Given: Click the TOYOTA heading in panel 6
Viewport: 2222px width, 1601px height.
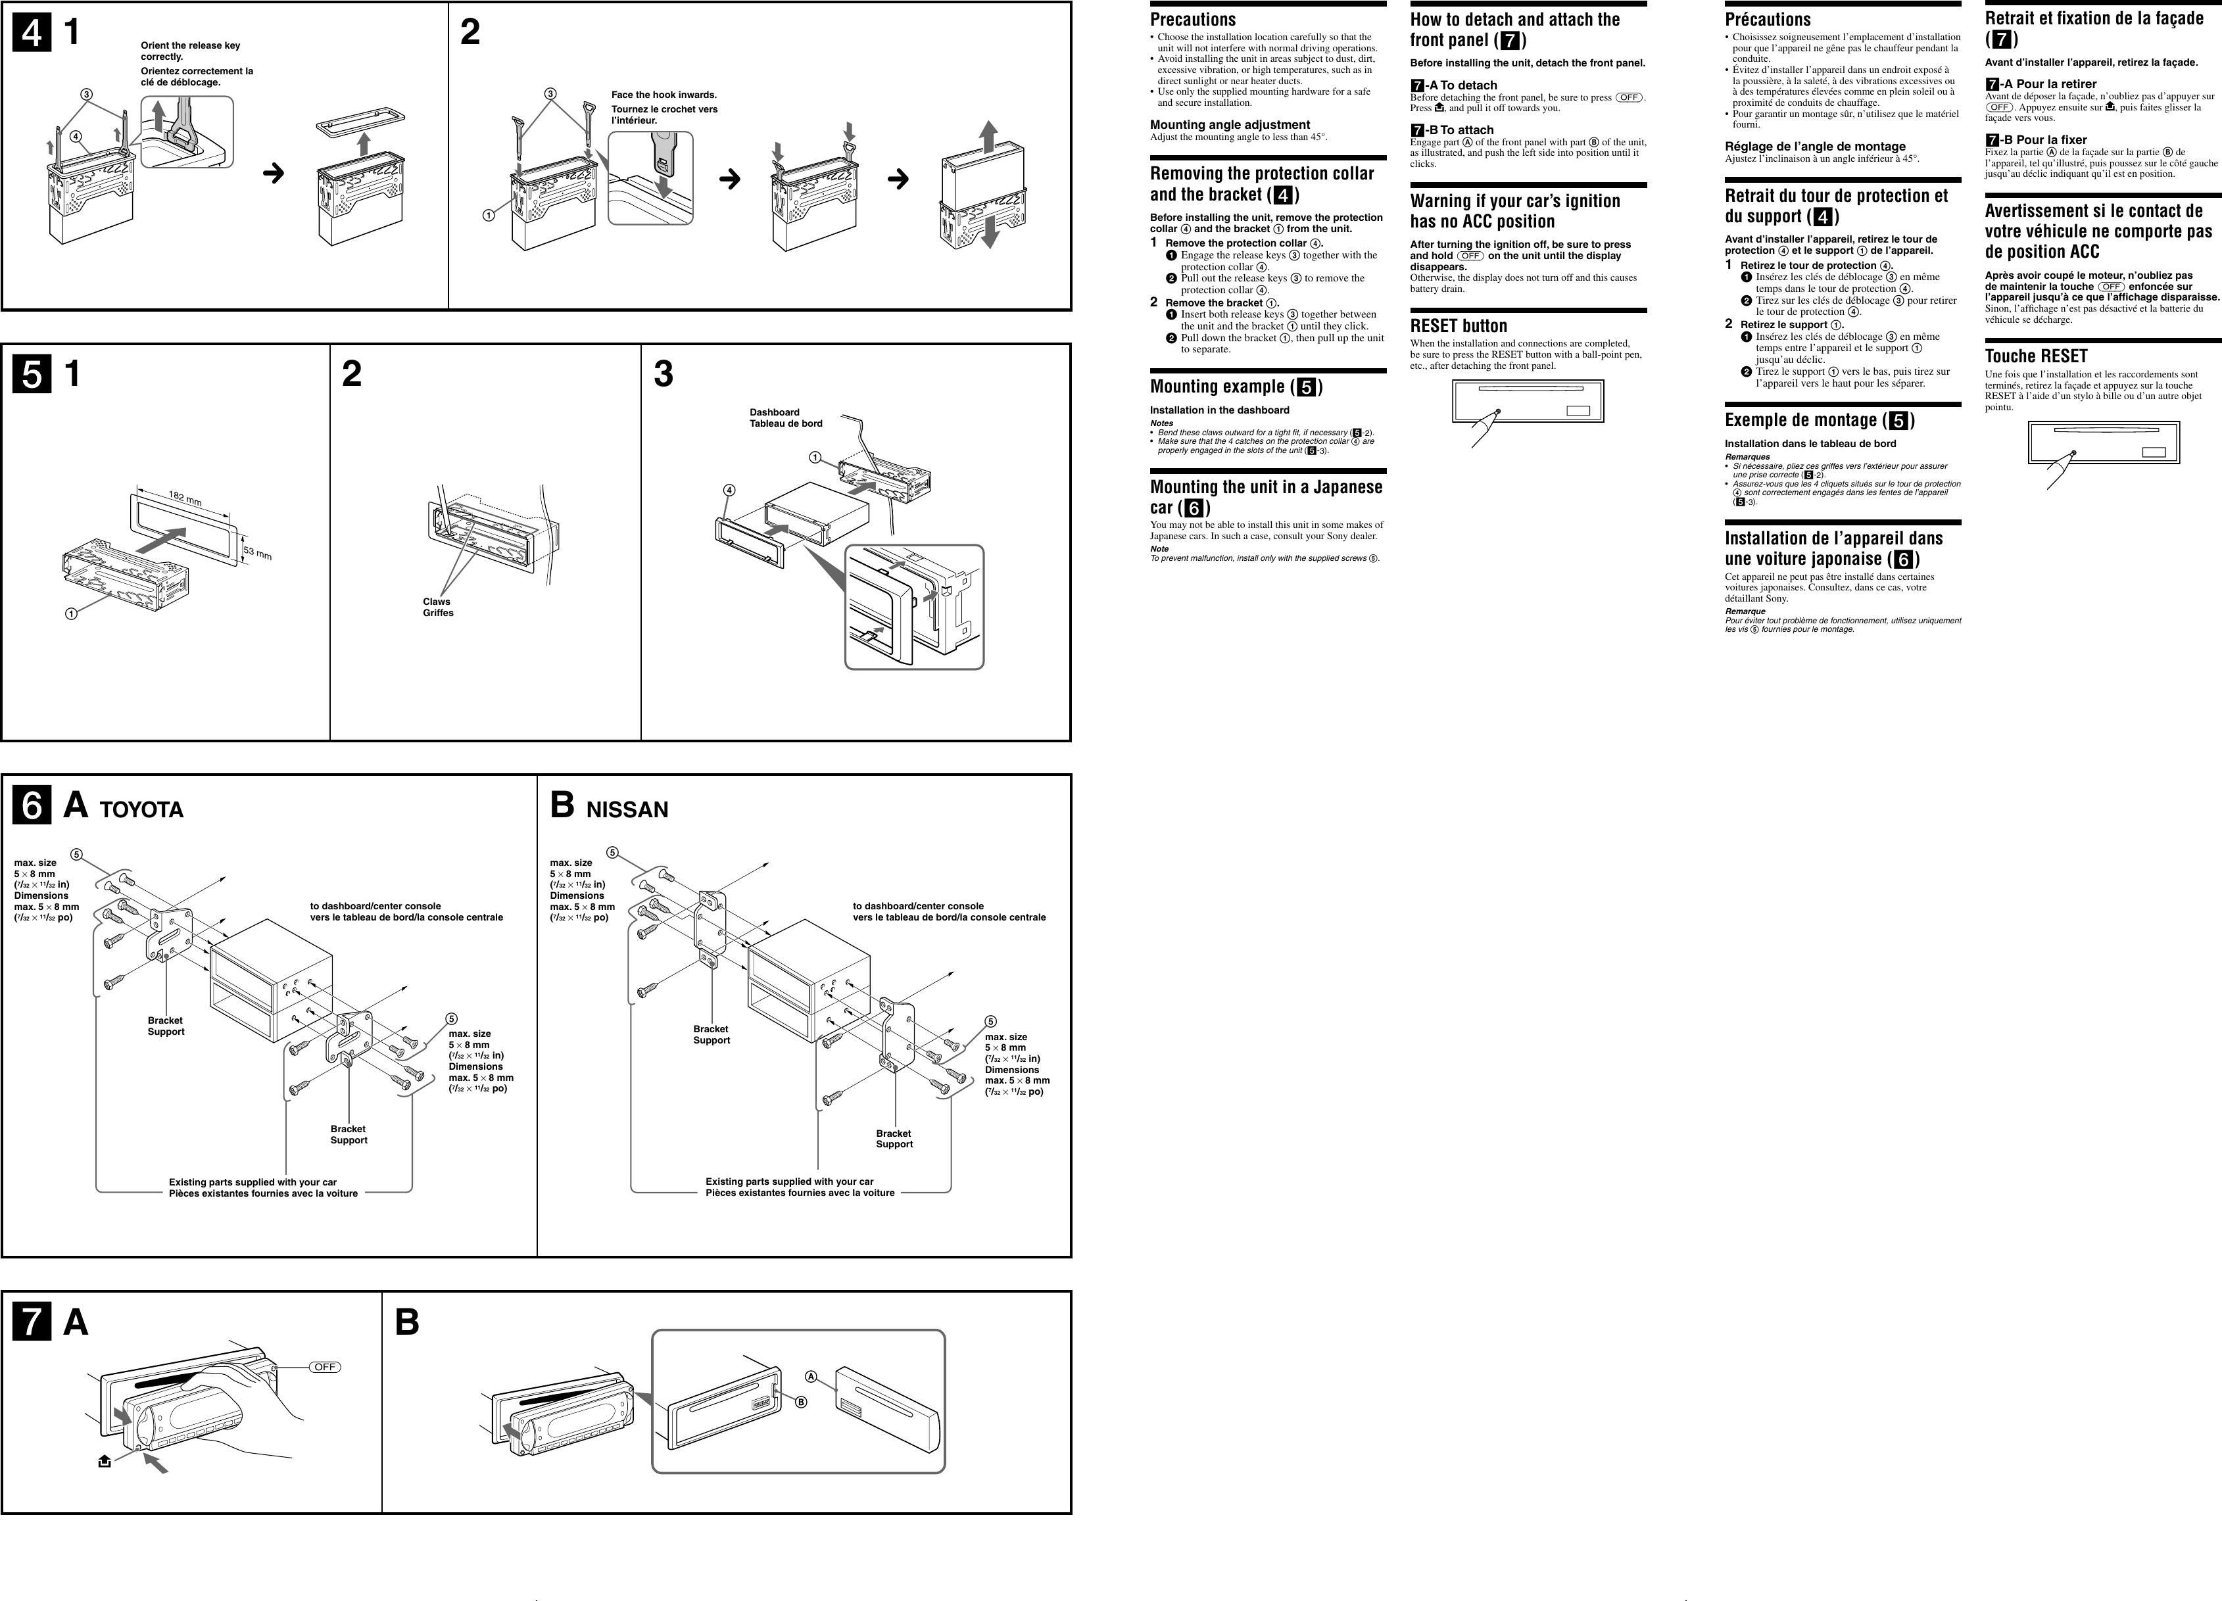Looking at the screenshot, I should (x=141, y=809).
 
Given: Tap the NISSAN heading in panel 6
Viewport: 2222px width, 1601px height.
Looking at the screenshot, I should (x=627, y=809).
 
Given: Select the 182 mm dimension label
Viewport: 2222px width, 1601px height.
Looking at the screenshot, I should (x=185, y=499).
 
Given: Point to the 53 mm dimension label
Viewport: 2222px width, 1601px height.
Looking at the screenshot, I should (x=258, y=554).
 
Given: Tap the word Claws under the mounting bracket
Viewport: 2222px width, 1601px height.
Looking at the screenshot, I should (x=436, y=602).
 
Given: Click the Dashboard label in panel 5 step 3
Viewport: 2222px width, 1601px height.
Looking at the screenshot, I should (x=774, y=412).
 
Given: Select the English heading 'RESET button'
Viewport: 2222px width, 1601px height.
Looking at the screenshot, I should (x=1458, y=326).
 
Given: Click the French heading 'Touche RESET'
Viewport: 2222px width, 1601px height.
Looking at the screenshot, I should (x=2036, y=356).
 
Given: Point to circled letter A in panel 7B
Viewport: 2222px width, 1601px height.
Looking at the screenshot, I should (x=811, y=1375).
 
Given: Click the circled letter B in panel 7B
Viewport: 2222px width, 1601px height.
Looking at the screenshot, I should (x=800, y=1402).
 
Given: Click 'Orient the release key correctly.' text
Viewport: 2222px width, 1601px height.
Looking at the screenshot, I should (x=190, y=51).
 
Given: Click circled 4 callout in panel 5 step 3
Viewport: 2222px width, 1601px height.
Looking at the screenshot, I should (x=729, y=490).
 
